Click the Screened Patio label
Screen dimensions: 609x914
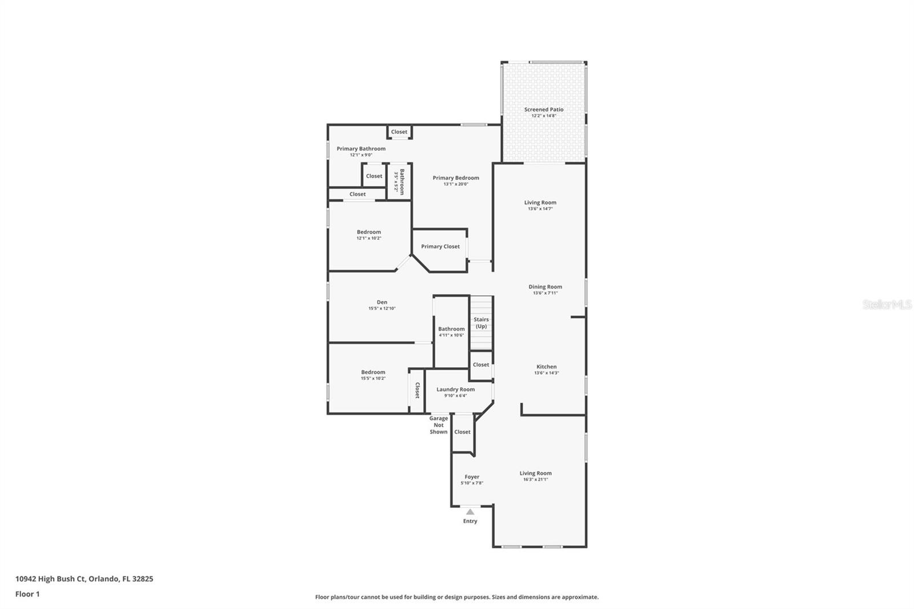pyautogui.click(x=543, y=110)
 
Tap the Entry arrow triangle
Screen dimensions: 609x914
pyautogui.click(x=470, y=512)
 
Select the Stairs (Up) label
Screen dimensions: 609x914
pyautogui.click(x=481, y=323)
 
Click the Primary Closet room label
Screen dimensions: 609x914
pyautogui.click(x=440, y=247)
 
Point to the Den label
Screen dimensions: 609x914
pyautogui.click(x=382, y=302)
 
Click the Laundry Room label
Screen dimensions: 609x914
pyautogui.click(x=455, y=390)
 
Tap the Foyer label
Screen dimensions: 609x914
pyautogui.click(x=472, y=477)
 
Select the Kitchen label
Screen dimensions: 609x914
pyautogui.click(x=546, y=367)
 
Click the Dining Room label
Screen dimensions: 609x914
pyautogui.click(x=545, y=287)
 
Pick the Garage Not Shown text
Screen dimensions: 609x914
pyautogui.click(x=439, y=425)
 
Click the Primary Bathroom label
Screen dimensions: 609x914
pyautogui.click(x=360, y=149)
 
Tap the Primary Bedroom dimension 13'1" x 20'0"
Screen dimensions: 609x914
pyautogui.click(x=455, y=185)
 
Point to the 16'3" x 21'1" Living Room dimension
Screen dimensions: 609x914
pyautogui.click(x=535, y=480)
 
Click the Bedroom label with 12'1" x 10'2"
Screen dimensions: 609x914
pyautogui.click(x=368, y=232)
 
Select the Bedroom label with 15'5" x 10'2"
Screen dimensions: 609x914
pyautogui.click(x=373, y=372)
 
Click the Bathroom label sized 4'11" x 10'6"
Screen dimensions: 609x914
pyautogui.click(x=451, y=329)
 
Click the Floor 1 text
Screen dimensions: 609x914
pyautogui.click(x=27, y=594)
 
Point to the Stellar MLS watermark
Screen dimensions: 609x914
pyautogui.click(x=887, y=305)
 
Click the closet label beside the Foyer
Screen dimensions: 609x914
pyautogui.click(x=462, y=432)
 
